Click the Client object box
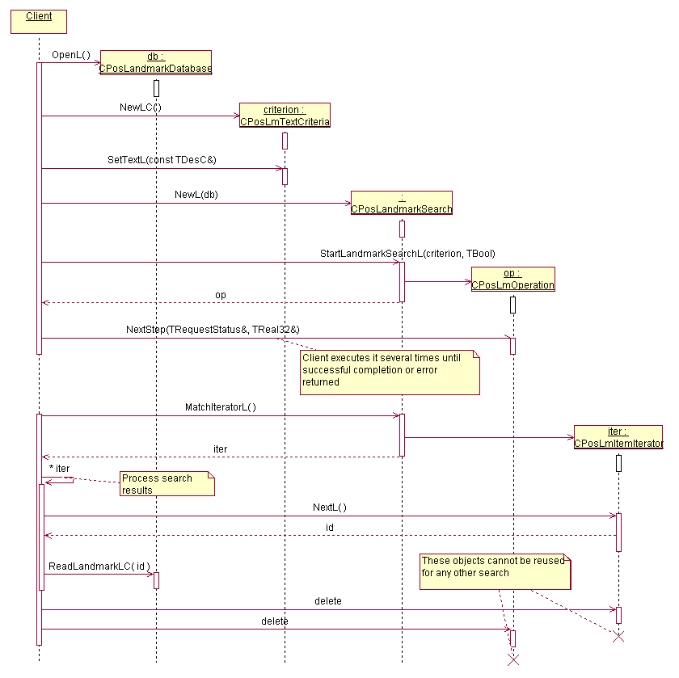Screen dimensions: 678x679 (x=38, y=21)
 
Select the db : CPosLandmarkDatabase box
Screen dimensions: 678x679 (x=155, y=63)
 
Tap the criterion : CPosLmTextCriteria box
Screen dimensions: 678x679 (x=285, y=116)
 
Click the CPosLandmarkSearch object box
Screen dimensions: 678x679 (x=401, y=203)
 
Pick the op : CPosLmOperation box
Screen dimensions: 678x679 (x=512, y=279)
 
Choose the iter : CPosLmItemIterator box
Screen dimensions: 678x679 (x=618, y=437)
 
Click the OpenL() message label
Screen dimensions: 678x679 (x=71, y=55)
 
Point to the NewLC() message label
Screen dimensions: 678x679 (x=141, y=107)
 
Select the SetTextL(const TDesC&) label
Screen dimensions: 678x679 (x=162, y=160)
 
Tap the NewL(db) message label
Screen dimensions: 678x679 (x=196, y=195)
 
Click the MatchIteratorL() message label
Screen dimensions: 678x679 (x=221, y=407)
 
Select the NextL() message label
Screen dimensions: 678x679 (x=330, y=507)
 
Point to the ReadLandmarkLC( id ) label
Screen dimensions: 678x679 (x=99, y=566)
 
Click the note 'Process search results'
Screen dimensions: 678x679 (x=167, y=483)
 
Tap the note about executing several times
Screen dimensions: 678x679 (x=389, y=373)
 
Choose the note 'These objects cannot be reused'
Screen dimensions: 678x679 (x=495, y=571)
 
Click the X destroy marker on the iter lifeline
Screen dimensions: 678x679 (x=618, y=637)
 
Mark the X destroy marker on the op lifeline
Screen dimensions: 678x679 (x=512, y=659)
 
